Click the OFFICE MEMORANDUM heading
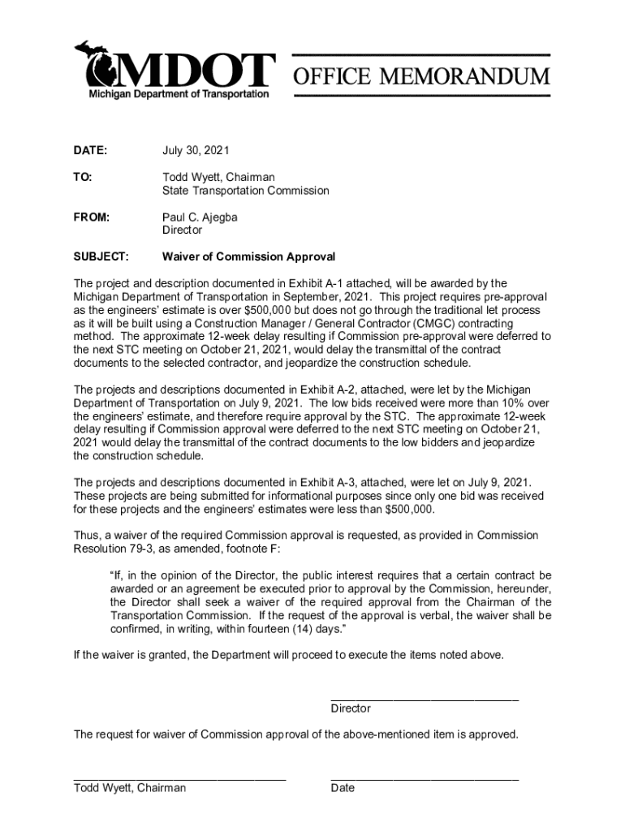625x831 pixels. coord(421,77)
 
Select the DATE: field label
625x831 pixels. coord(90,151)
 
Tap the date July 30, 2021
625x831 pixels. coord(196,151)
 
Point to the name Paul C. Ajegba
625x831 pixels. coord(200,217)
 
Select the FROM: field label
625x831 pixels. coord(92,217)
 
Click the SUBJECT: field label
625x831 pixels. coord(101,256)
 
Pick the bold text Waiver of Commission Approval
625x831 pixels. coord(248,256)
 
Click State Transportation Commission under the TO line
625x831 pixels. coord(245,191)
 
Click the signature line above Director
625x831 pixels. coord(425,699)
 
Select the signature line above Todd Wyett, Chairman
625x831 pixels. coord(179,778)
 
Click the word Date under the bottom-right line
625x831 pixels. coord(343,788)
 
